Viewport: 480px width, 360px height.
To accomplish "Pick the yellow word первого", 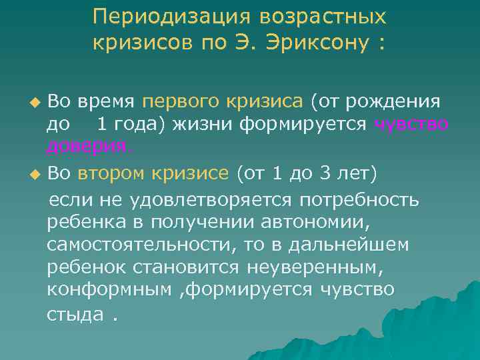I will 173,102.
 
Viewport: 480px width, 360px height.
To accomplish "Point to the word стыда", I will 75,313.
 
